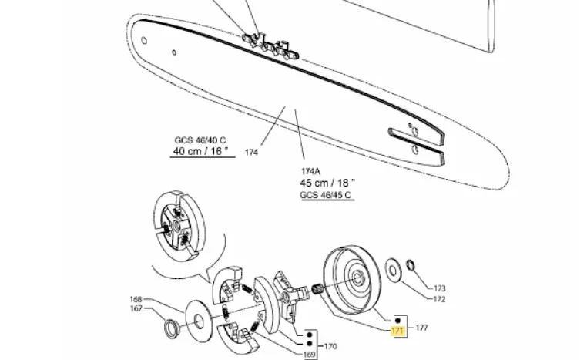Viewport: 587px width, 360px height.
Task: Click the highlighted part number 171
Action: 397,331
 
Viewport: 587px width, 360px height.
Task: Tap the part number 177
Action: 421,328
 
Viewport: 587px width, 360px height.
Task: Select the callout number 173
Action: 440,288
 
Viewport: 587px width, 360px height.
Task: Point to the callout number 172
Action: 440,299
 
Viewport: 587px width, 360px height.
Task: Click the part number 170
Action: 330,347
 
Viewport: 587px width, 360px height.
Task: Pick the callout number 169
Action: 310,355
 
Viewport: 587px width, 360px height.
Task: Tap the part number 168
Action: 136,299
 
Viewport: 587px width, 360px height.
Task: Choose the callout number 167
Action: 136,308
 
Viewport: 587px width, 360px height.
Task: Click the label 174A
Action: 310,172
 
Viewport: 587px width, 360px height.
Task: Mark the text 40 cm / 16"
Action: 200,151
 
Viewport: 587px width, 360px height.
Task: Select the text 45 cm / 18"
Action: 327,183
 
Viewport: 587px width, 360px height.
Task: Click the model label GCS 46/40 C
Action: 200,140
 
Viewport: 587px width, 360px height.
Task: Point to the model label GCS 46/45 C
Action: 326,195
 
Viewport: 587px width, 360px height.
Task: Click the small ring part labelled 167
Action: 173,328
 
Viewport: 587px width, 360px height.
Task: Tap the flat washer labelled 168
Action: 199,321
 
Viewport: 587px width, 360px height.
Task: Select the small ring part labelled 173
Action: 410,265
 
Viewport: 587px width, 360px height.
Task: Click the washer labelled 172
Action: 393,270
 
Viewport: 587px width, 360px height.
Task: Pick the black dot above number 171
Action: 398,320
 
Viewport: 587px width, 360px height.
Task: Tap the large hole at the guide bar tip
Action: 144,40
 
